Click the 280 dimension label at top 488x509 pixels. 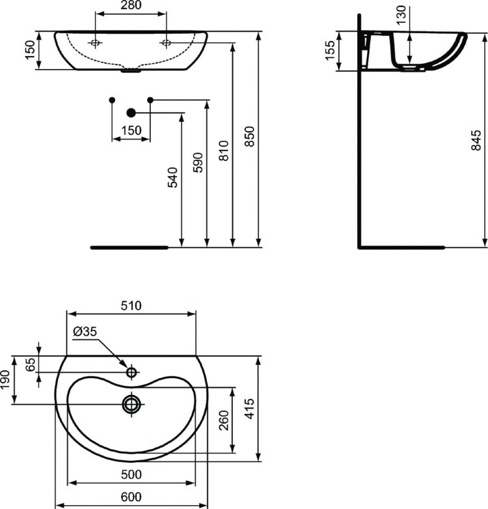(x=131, y=5)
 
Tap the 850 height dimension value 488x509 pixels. (x=249, y=136)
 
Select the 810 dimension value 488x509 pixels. (x=224, y=151)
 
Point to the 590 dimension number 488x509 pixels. (x=198, y=162)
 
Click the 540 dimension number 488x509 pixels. (x=172, y=177)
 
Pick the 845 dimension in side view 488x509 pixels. (x=476, y=140)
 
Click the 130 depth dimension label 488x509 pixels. (x=401, y=15)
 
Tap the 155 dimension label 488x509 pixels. (x=330, y=50)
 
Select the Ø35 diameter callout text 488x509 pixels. (x=85, y=332)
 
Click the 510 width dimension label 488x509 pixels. (x=131, y=306)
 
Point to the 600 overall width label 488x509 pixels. (x=131, y=497)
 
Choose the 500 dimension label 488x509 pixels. (x=131, y=474)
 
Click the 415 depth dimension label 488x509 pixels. (x=249, y=409)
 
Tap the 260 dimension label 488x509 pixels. (x=224, y=420)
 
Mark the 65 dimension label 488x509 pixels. (x=30, y=364)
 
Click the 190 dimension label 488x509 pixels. (x=5, y=379)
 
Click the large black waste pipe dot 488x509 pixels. (x=131, y=113)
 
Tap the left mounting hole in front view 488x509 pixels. (x=95, y=42)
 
